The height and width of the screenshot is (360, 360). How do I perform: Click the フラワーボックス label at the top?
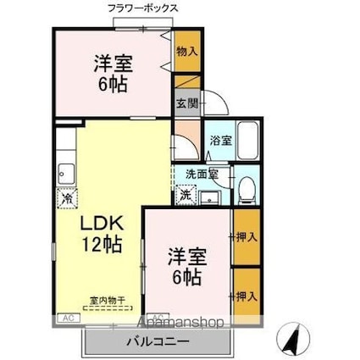pos(142,8)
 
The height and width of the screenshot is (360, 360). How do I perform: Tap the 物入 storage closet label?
pos(186,52)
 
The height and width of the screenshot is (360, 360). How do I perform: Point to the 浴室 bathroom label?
pos(220,141)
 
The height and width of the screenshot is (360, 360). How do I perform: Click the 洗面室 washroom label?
pos(202,174)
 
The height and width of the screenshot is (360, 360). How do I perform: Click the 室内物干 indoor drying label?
pos(108,300)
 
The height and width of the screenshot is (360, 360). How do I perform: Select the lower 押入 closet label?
pos(244,296)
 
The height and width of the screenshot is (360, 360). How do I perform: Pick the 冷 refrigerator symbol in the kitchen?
pos(66,200)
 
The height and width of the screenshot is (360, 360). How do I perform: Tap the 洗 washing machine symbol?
pos(186,195)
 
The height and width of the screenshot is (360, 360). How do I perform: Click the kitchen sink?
pos(65,174)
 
